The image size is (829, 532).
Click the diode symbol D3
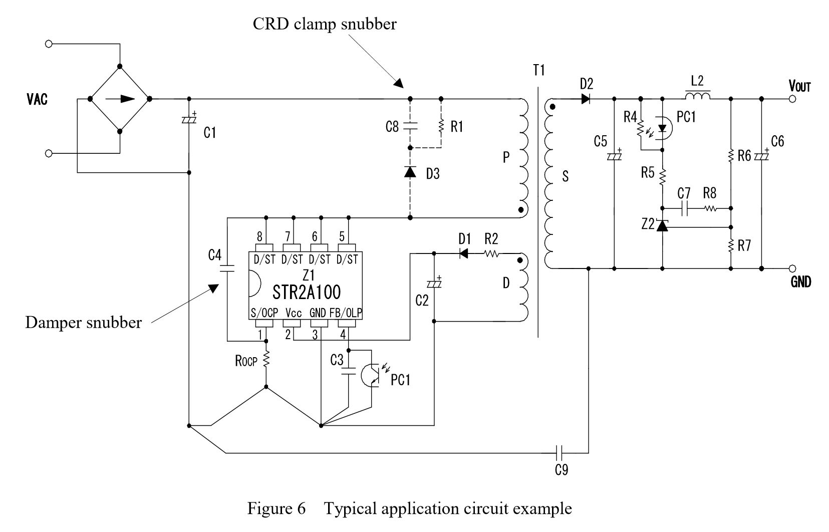tap(410, 172)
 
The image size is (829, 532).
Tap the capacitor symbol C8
tap(410, 126)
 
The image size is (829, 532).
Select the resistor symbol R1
tap(441, 126)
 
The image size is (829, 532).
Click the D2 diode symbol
tap(585, 99)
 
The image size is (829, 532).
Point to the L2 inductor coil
tap(698, 96)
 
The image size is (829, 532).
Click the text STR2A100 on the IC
tap(307, 293)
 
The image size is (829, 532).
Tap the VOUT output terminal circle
tap(792, 99)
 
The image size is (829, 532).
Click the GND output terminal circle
tap(792, 269)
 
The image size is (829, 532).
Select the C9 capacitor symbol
tap(560, 453)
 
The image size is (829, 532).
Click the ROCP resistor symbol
tap(265, 360)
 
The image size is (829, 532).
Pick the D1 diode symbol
tap(463, 253)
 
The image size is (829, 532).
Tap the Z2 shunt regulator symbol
tap(662, 225)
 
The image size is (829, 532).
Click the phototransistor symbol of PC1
tap(371, 375)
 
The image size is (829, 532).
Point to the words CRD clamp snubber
tap(325, 24)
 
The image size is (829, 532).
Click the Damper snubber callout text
tap(83, 323)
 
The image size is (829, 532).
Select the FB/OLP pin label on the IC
tap(346, 313)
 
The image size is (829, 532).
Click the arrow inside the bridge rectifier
tap(120, 99)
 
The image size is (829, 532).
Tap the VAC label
tap(37, 99)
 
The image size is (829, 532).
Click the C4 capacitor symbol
tap(227, 268)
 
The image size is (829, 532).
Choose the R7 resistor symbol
tap(730, 246)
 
